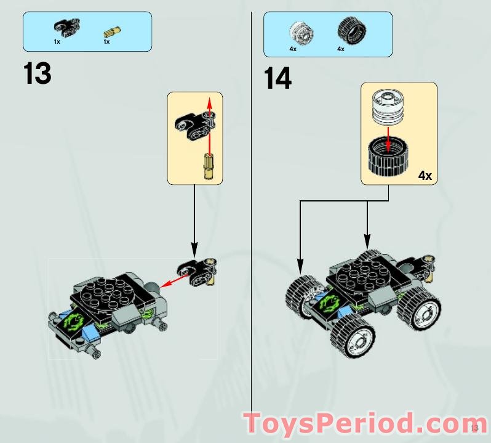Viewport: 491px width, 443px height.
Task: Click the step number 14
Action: click(277, 79)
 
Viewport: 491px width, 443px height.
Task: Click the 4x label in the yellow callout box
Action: click(425, 176)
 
